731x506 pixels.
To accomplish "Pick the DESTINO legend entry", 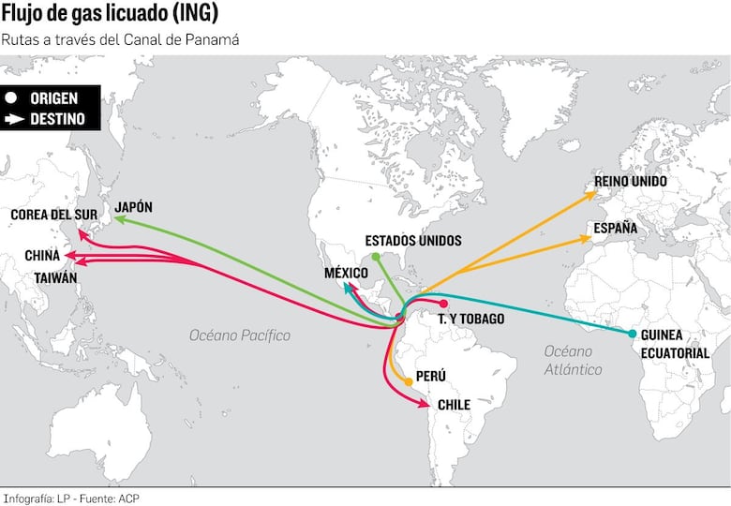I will [x=46, y=119].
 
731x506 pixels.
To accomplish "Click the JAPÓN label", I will [x=133, y=206].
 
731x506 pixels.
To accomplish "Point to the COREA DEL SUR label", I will [x=53, y=215].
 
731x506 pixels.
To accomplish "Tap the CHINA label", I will [x=42, y=255].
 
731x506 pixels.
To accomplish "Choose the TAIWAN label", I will [x=55, y=277].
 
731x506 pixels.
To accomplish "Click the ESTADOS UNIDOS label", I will [x=413, y=241].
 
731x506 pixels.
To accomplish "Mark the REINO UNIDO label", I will [x=631, y=181].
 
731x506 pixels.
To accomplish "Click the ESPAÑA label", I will [x=616, y=228].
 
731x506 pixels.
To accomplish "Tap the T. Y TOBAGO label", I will [x=470, y=319].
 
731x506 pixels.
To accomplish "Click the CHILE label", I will [x=454, y=405].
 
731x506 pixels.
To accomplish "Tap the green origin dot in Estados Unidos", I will [x=375, y=256].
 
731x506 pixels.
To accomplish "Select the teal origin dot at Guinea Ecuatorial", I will [x=633, y=334].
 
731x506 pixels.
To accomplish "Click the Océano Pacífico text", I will [x=240, y=335].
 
